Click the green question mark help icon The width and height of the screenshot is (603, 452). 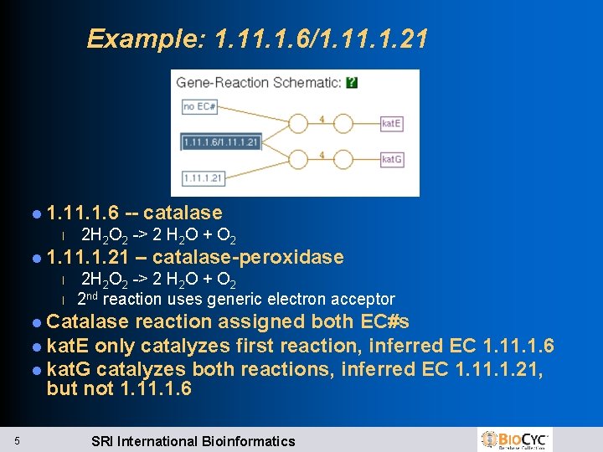click(x=352, y=82)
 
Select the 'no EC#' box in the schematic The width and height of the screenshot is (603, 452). click(x=199, y=107)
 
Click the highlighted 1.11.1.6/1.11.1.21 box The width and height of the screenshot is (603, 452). click(x=221, y=141)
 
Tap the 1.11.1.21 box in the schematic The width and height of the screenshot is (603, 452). click(x=203, y=177)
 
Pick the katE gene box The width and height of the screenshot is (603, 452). click(x=391, y=123)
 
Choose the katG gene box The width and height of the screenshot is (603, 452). click(x=391, y=159)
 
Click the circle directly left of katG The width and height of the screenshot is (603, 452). click(x=345, y=159)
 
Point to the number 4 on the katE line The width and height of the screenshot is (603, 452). click(x=322, y=119)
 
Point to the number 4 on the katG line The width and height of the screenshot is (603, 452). click(x=322, y=155)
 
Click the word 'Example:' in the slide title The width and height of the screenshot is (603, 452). click(x=147, y=39)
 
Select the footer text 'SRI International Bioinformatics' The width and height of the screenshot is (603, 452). click(x=193, y=441)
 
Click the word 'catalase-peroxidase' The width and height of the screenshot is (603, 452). click(x=248, y=257)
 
